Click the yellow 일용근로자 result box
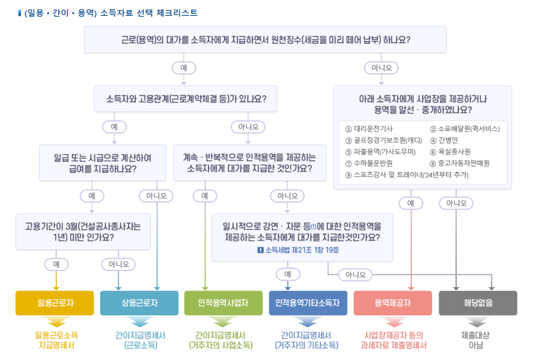coord(54,303)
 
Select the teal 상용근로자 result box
coord(139,303)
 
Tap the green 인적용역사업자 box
coord(223,303)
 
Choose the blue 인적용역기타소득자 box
coord(308,303)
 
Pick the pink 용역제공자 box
coord(393,303)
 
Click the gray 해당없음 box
coord(478,303)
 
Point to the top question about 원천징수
coord(265,40)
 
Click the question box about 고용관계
coord(185,99)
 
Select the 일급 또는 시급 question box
coord(102,163)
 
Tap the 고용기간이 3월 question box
coord(83,232)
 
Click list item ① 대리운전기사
coord(369,129)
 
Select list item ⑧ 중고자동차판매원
coord(460,163)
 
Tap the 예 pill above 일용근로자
coord(56,264)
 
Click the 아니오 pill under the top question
coord(381,67)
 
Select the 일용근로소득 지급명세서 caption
coord(57,340)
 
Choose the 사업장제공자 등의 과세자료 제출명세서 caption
coord(393,340)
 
